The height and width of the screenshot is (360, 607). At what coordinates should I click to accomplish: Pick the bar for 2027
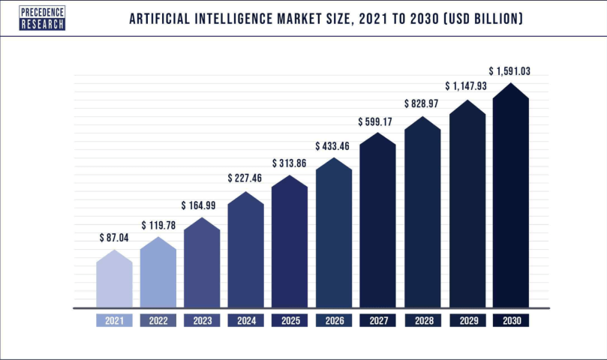(x=377, y=225)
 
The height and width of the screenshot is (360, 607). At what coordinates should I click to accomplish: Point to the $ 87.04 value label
(x=114, y=237)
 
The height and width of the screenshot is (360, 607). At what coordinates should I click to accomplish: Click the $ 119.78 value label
(x=158, y=224)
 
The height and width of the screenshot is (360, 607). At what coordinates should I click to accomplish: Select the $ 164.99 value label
(x=202, y=205)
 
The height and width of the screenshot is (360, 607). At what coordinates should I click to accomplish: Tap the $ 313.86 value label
(x=290, y=163)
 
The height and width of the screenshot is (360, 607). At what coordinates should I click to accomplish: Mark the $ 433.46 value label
(x=334, y=145)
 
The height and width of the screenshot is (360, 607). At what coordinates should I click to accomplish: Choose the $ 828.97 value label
(x=422, y=103)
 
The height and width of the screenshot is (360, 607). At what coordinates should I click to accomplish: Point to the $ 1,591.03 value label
(x=511, y=70)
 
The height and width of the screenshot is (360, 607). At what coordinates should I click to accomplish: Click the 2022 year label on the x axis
(x=158, y=321)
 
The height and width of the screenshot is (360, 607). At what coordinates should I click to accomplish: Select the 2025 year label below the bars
(x=290, y=321)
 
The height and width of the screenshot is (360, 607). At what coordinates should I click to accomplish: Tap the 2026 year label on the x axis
(x=334, y=321)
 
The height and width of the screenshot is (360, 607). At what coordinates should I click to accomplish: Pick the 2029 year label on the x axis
(x=467, y=321)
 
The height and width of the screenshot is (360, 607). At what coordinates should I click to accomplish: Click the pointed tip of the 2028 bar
(x=422, y=118)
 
